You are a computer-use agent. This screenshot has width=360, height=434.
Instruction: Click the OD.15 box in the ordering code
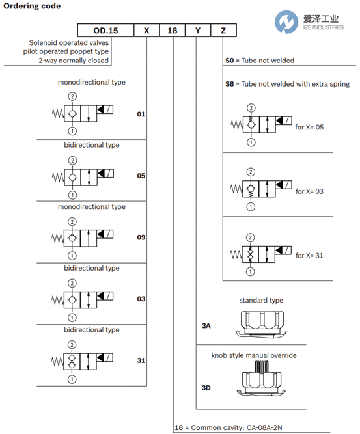click(x=105, y=30)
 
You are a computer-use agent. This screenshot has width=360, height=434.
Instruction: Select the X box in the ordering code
click(x=146, y=30)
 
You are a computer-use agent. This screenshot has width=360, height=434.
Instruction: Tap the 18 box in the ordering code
click(x=173, y=30)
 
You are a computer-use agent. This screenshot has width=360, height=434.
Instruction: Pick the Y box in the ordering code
click(x=198, y=30)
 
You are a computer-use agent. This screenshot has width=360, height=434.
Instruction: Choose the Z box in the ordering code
click(x=223, y=30)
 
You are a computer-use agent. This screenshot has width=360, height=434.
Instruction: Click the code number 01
click(x=141, y=114)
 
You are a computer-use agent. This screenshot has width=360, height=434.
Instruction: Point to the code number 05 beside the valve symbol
click(x=141, y=176)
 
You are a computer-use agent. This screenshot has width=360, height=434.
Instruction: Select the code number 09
click(x=141, y=237)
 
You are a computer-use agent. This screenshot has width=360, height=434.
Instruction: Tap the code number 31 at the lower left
click(x=141, y=360)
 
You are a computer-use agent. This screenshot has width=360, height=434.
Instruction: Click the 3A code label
click(x=206, y=326)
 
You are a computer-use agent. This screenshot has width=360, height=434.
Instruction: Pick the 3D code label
click(x=206, y=388)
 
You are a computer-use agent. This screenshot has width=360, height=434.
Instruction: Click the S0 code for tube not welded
click(x=230, y=61)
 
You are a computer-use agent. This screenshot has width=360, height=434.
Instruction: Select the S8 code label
click(x=230, y=84)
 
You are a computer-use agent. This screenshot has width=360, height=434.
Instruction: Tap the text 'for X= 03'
click(x=309, y=191)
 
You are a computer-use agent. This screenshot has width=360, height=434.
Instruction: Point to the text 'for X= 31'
click(x=309, y=256)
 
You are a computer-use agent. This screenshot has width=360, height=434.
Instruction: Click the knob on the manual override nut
click(x=262, y=366)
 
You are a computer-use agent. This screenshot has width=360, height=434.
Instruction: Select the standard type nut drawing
click(x=261, y=325)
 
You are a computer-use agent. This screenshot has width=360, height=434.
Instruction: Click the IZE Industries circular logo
click(x=286, y=22)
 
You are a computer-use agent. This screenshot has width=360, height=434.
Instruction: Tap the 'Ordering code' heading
click(x=32, y=6)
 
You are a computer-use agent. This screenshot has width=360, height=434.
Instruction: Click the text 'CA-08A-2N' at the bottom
click(x=264, y=427)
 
